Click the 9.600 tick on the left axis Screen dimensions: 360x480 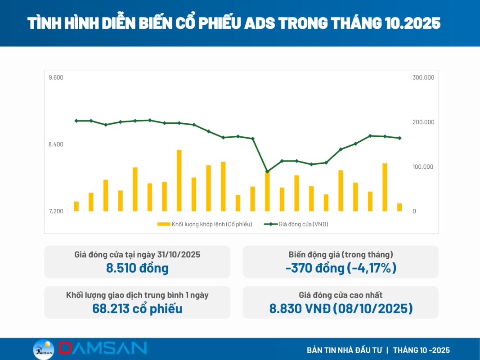pos(56,77)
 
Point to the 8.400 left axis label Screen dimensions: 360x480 pos(56,144)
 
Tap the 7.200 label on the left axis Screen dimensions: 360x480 pos(56,211)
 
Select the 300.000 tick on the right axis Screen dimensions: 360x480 pos(423,77)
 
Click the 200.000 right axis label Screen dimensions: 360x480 pos(423,122)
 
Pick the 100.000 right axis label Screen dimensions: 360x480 pos(423,167)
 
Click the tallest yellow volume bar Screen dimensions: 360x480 pos(179,180)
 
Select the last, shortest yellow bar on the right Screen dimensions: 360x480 pos(399,207)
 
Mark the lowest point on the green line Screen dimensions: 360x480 pos(267,171)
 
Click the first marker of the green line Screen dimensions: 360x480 pos(76,121)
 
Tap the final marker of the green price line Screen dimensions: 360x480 pos(399,138)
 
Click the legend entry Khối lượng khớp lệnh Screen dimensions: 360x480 pos(205,224)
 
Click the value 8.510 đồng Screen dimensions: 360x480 pos(137,268)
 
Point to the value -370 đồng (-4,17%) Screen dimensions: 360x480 pos(341,268)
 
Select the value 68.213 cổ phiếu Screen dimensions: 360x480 pos(137,309)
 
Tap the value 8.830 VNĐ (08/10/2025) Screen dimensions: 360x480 pos(341,309)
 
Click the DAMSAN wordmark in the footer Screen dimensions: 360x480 pos(103,348)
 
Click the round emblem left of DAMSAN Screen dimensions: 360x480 pos(44,350)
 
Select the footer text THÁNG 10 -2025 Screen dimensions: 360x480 pos(421,350)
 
